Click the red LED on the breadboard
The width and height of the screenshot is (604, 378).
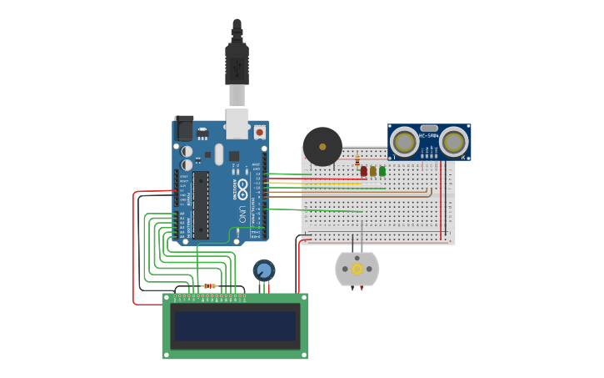click(x=363, y=171)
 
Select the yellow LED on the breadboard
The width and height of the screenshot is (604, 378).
click(x=372, y=171)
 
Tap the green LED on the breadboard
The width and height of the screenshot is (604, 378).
click(x=382, y=171)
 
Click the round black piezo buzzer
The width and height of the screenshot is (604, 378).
click(x=322, y=146)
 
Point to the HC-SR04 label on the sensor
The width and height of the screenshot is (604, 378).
click(x=429, y=135)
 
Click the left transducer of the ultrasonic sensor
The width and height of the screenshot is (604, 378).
click(x=405, y=142)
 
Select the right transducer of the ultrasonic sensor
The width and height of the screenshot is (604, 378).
click(x=453, y=142)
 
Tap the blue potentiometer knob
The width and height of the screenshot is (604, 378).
click(x=264, y=270)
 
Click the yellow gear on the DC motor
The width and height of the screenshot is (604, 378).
click(x=357, y=269)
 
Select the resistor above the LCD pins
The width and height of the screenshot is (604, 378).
click(x=209, y=286)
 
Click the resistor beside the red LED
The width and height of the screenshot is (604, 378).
click(x=357, y=160)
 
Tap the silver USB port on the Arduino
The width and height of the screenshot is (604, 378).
click(x=237, y=124)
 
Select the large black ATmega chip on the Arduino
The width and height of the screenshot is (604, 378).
click(x=201, y=204)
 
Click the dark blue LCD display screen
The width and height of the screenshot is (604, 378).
click(x=235, y=325)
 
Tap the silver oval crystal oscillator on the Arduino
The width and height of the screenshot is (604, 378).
click(x=219, y=154)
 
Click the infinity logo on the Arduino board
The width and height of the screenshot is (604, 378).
click(x=242, y=189)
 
